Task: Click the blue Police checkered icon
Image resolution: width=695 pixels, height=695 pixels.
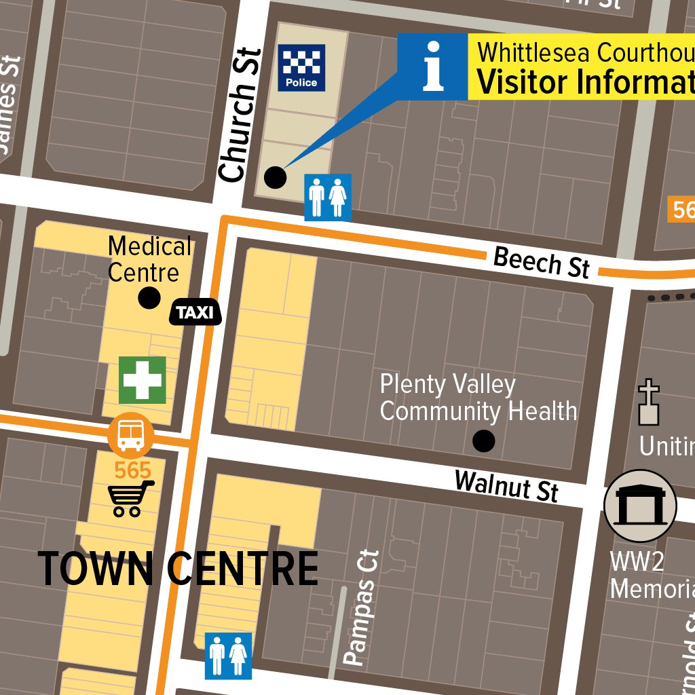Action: (x=301, y=68)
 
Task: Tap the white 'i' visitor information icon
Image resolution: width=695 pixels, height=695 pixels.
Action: (x=432, y=67)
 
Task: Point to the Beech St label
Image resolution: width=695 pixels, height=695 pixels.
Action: (x=541, y=262)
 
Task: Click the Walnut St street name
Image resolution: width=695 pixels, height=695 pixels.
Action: (x=506, y=485)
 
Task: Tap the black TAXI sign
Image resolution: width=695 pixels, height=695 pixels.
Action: (x=195, y=312)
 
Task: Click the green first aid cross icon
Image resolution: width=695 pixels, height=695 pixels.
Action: (x=143, y=380)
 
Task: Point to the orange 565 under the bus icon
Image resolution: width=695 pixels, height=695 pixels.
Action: (x=132, y=470)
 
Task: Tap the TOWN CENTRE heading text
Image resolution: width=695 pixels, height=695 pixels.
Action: (x=178, y=569)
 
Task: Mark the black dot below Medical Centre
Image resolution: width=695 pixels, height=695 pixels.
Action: (x=149, y=297)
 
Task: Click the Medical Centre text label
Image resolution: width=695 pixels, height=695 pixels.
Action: (x=150, y=259)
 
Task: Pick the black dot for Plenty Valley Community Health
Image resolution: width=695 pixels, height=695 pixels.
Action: (x=483, y=442)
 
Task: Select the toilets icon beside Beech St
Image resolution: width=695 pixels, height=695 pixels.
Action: (x=328, y=198)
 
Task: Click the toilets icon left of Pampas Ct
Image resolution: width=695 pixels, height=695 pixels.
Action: (x=228, y=656)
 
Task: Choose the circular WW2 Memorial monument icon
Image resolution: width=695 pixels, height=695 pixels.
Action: (x=640, y=506)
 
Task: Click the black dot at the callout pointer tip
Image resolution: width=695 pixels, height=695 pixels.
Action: (x=274, y=177)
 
